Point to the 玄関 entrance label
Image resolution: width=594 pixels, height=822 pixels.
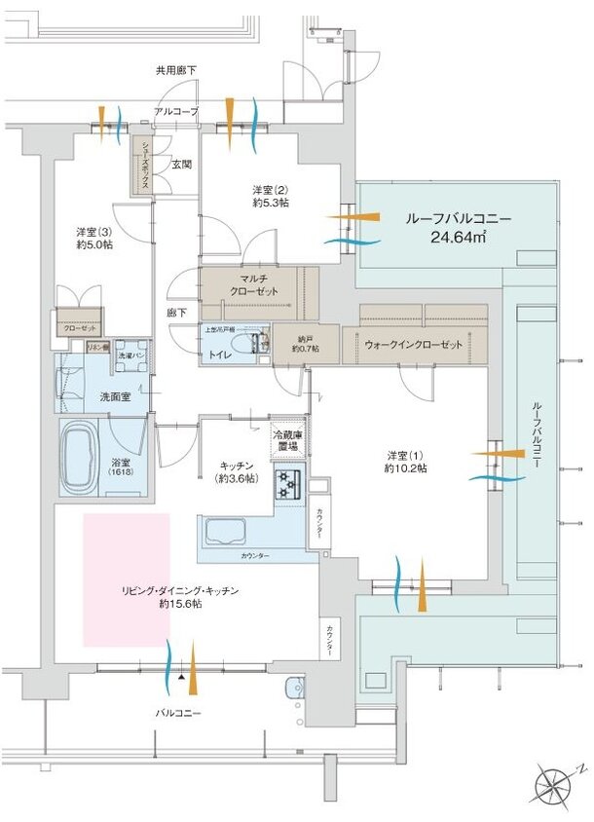pyautogui.click(x=181, y=166)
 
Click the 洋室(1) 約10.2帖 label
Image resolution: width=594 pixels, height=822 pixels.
pyautogui.click(x=404, y=461)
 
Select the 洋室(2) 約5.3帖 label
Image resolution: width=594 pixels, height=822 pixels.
pyautogui.click(x=270, y=196)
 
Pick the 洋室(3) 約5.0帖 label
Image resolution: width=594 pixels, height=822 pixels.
pyautogui.click(x=94, y=239)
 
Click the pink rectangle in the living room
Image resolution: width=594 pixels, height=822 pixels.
pyautogui.click(x=127, y=579)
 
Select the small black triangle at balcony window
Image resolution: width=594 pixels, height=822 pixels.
pyautogui.click(x=181, y=674)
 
